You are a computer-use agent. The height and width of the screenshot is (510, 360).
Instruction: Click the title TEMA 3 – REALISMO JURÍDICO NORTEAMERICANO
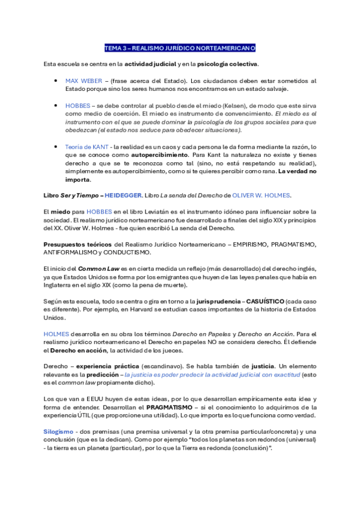(x=180, y=48)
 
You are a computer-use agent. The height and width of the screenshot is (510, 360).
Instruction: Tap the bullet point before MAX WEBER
(x=56, y=80)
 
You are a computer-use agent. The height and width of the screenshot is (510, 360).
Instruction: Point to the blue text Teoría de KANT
(x=87, y=147)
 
